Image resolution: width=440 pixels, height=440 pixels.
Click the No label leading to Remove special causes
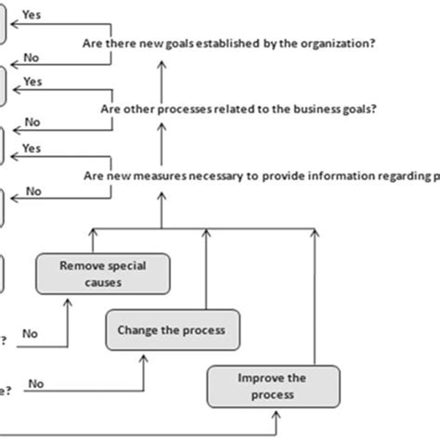(x=30, y=332)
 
